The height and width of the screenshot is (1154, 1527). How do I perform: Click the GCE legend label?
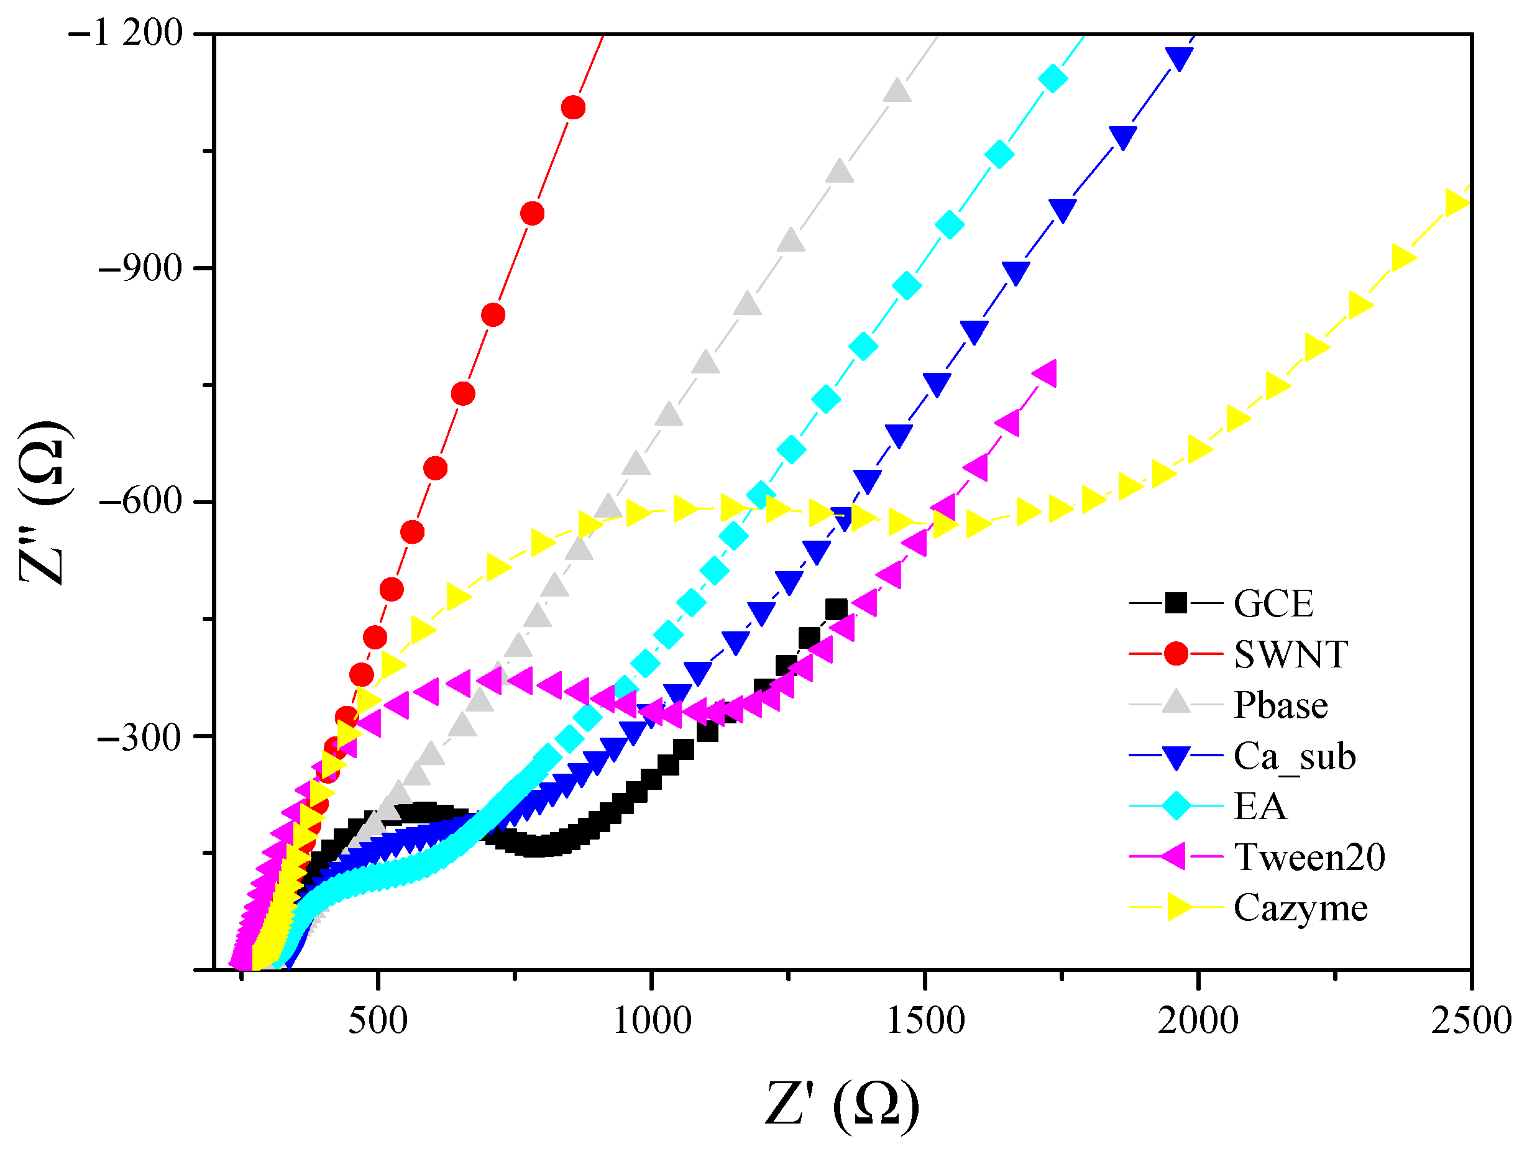tap(1273, 604)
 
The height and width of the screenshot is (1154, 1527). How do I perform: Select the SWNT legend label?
tap(1290, 654)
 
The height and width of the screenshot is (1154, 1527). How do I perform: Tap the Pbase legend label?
tap(1280, 705)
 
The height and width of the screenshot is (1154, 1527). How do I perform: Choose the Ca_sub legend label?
tap(1295, 756)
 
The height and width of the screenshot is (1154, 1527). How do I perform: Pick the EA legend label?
tap(1260, 806)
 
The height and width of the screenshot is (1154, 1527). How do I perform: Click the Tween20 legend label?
tap(1309, 857)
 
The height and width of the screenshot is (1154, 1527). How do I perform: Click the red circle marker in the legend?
tap(1176, 653)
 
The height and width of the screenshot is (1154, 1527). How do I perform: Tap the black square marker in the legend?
tap(1176, 603)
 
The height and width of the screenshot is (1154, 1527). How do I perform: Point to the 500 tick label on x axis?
tap(378, 1021)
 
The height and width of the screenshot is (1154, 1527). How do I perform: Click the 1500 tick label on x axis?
tap(925, 1021)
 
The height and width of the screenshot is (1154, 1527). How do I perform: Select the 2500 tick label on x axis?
tap(1470, 1021)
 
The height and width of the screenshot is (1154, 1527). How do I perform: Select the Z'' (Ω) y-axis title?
tap(45, 503)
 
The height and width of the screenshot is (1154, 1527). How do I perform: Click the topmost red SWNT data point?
tap(574, 108)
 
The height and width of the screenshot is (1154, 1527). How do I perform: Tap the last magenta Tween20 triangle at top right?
tap(1045, 374)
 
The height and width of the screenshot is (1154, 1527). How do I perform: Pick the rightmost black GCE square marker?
tap(837, 610)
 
